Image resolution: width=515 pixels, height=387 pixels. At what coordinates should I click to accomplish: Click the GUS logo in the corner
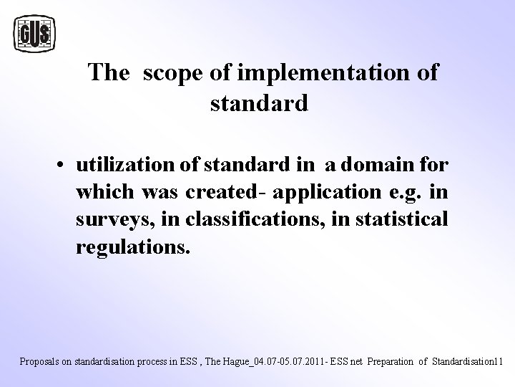tap(35, 33)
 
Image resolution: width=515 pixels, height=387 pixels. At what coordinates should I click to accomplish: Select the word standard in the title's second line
tap(259, 103)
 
